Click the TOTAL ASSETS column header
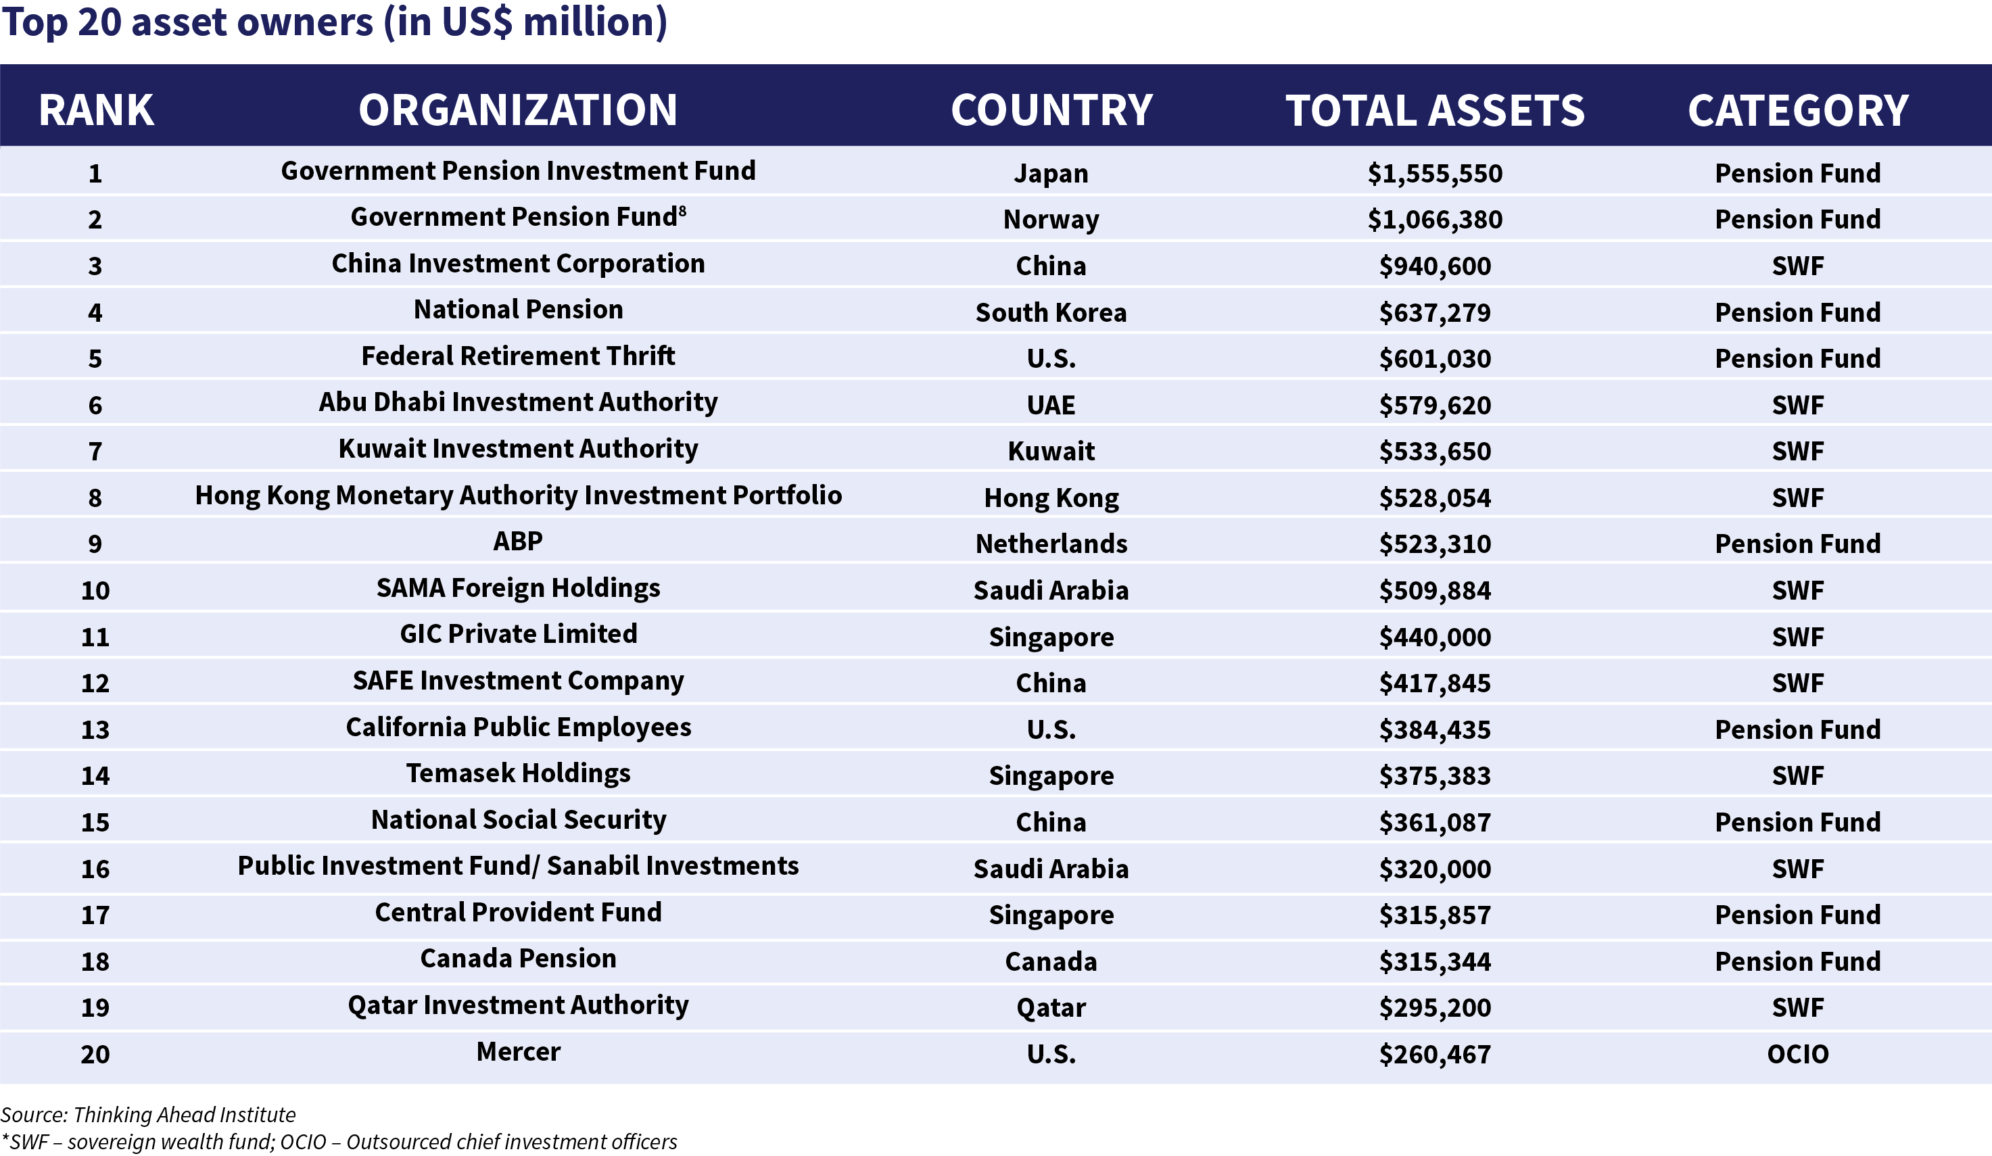(x=1435, y=110)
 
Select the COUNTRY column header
(x=1051, y=110)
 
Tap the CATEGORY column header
(x=1797, y=110)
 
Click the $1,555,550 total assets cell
(x=1435, y=173)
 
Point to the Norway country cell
(x=1051, y=220)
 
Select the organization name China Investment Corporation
(x=518, y=263)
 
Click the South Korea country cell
(x=1051, y=312)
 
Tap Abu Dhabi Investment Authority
(x=518, y=402)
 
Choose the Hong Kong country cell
(x=1051, y=498)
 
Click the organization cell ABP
(x=518, y=541)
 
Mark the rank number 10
(x=95, y=590)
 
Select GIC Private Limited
(x=518, y=633)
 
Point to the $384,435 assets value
(x=1435, y=729)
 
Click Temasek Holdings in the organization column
(x=518, y=773)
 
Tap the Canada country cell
(x=1051, y=961)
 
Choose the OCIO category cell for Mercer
(x=1797, y=1054)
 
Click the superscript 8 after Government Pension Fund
(x=682, y=211)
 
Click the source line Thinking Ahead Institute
(x=148, y=1115)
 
